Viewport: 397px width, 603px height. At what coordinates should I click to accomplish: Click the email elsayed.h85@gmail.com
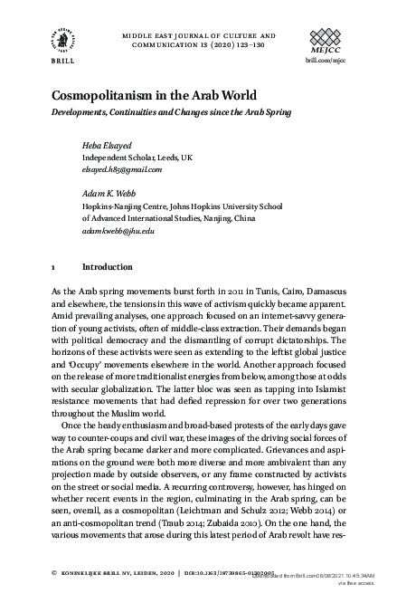(122, 168)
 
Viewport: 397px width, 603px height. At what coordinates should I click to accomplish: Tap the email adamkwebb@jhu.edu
(118, 231)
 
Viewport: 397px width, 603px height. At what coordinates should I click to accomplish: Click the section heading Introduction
(107, 268)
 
